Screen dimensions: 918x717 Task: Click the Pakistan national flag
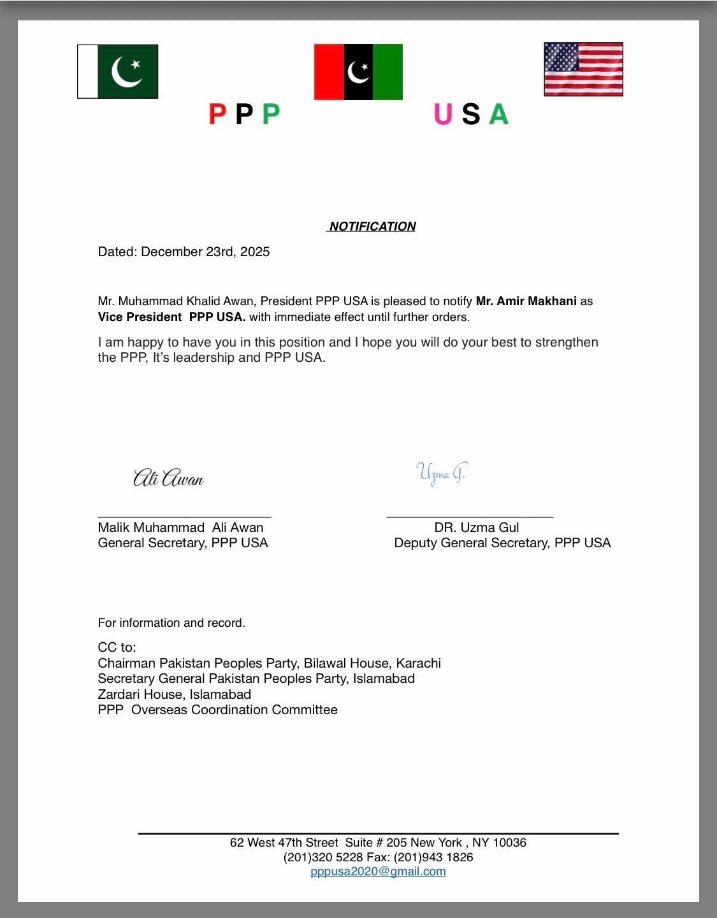[x=117, y=71]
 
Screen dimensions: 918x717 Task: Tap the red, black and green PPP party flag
[x=358, y=72]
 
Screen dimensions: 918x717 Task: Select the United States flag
[x=583, y=69]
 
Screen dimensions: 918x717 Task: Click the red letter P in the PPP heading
[x=217, y=115]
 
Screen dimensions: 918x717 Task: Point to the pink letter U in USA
[x=443, y=115]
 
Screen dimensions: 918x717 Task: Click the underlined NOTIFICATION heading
[x=372, y=227]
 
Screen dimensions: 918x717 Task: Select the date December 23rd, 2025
[x=205, y=252]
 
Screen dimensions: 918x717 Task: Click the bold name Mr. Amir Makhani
[x=526, y=301]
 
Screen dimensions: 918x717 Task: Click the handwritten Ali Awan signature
[x=168, y=478]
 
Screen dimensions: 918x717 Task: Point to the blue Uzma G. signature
[x=441, y=473]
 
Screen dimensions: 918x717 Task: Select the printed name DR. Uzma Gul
[x=476, y=527]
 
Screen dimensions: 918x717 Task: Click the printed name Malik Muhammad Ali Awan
[x=180, y=527]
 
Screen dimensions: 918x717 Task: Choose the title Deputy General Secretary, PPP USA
[x=502, y=543]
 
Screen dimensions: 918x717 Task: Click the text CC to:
[x=117, y=647]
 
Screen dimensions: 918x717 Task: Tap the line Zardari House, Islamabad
[x=174, y=694]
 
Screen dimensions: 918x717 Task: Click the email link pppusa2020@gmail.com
[x=378, y=871]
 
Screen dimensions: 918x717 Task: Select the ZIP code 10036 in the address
[x=509, y=843]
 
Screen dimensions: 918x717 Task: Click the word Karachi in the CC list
[x=418, y=663]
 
